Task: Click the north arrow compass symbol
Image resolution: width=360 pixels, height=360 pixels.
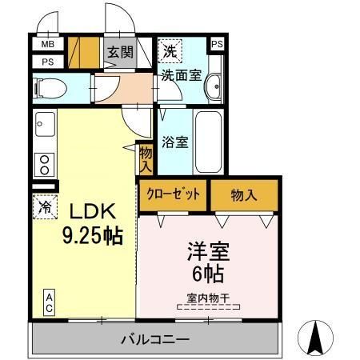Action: pos(315,338)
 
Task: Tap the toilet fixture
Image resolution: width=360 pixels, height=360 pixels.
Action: pos(50,88)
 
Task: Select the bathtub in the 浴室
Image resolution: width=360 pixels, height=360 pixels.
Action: pos(208,142)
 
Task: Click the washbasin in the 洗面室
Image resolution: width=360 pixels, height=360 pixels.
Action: pos(214,86)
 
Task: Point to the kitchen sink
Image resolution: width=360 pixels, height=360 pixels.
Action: pos(45,124)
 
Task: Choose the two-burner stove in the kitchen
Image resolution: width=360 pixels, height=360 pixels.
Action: pos(44,165)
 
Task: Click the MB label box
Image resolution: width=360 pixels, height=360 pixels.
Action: pos(48,44)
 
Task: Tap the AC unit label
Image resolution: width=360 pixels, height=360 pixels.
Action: pos(50,302)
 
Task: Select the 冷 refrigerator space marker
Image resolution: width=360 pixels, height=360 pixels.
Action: pos(46,207)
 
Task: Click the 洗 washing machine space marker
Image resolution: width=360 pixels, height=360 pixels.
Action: pos(170,51)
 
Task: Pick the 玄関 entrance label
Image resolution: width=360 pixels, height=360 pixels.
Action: pos(120,52)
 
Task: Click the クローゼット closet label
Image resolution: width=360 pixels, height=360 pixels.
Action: pos(173,194)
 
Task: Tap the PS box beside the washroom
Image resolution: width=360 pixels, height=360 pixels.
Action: pos(217,44)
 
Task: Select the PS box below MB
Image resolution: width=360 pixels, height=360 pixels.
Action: pos(48,62)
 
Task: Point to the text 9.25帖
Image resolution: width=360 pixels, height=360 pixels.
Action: pos(93,236)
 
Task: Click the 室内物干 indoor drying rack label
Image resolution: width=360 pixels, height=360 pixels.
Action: pos(208,298)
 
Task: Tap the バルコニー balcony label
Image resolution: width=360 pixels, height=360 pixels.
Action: pos(155,340)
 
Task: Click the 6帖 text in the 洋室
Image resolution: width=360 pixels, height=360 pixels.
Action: pos(208,274)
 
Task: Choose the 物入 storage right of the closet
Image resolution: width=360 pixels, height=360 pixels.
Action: pos(244,195)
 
